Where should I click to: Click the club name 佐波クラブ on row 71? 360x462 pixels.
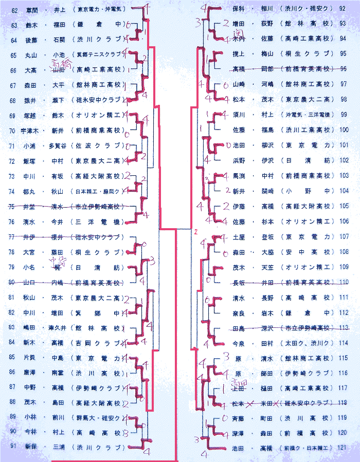click(100, 145)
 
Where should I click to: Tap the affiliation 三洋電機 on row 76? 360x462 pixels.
click(100, 222)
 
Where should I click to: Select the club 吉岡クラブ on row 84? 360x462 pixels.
click(100, 343)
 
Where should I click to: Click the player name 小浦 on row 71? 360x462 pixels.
click(30, 145)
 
